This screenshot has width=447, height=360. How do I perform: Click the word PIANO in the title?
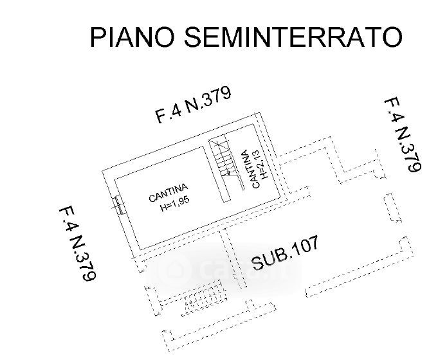click(132, 37)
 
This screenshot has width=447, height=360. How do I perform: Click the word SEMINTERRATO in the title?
click(293, 37)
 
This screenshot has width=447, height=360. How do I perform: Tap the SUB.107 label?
click(285, 253)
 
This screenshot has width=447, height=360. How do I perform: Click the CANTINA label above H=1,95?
click(169, 193)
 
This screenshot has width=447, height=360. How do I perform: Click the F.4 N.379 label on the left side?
click(78, 244)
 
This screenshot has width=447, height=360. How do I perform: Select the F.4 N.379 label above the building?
click(193, 105)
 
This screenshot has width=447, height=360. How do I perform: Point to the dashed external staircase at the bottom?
click(203, 298)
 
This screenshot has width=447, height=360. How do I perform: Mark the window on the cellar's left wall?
click(118, 205)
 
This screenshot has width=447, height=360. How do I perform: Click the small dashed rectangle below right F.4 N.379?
click(392, 208)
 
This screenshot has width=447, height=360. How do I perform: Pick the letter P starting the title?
click(98, 37)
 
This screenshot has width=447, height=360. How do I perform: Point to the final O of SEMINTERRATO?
click(392, 37)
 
